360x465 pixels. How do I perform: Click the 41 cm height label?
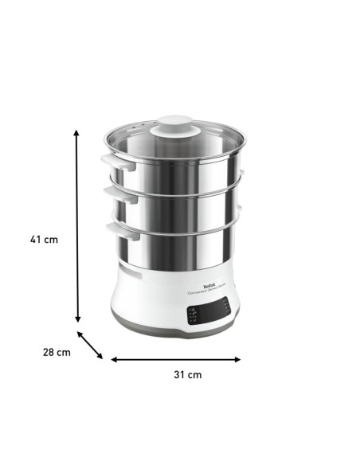[x=45, y=239]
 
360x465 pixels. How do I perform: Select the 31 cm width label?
[x=188, y=374]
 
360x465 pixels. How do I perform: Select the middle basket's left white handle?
[x=112, y=195]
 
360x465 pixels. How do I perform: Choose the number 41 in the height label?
[x=38, y=239]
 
